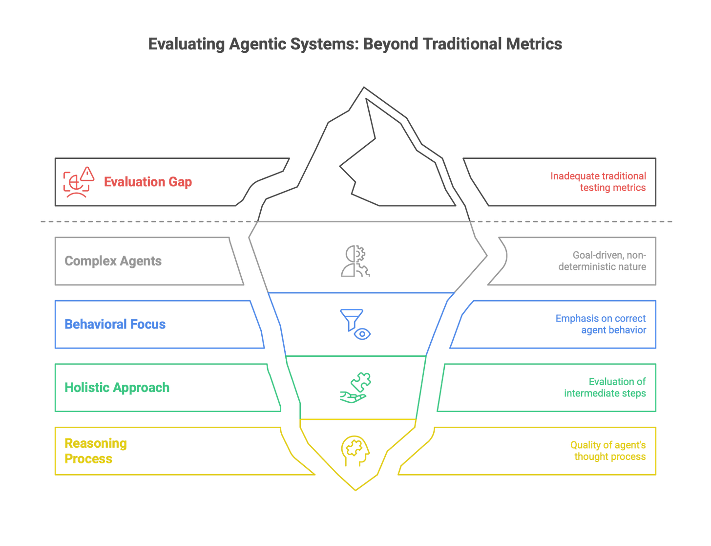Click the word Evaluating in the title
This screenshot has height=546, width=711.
pos(186,44)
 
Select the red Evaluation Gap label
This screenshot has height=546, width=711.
pos(148,182)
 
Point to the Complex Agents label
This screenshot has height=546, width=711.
pos(113,261)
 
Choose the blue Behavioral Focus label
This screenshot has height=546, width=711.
pos(115,324)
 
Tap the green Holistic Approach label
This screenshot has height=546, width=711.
pos(117,388)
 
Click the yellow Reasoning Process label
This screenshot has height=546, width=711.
pos(96,451)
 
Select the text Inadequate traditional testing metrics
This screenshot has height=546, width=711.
pos(598,182)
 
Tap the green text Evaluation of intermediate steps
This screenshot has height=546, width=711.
pos(605,388)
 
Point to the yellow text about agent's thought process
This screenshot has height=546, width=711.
pos(607,451)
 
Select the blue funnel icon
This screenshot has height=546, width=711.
pos(355,324)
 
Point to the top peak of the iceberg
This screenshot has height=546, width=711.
pos(363,88)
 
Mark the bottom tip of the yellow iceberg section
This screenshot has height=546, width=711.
pos(355,491)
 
